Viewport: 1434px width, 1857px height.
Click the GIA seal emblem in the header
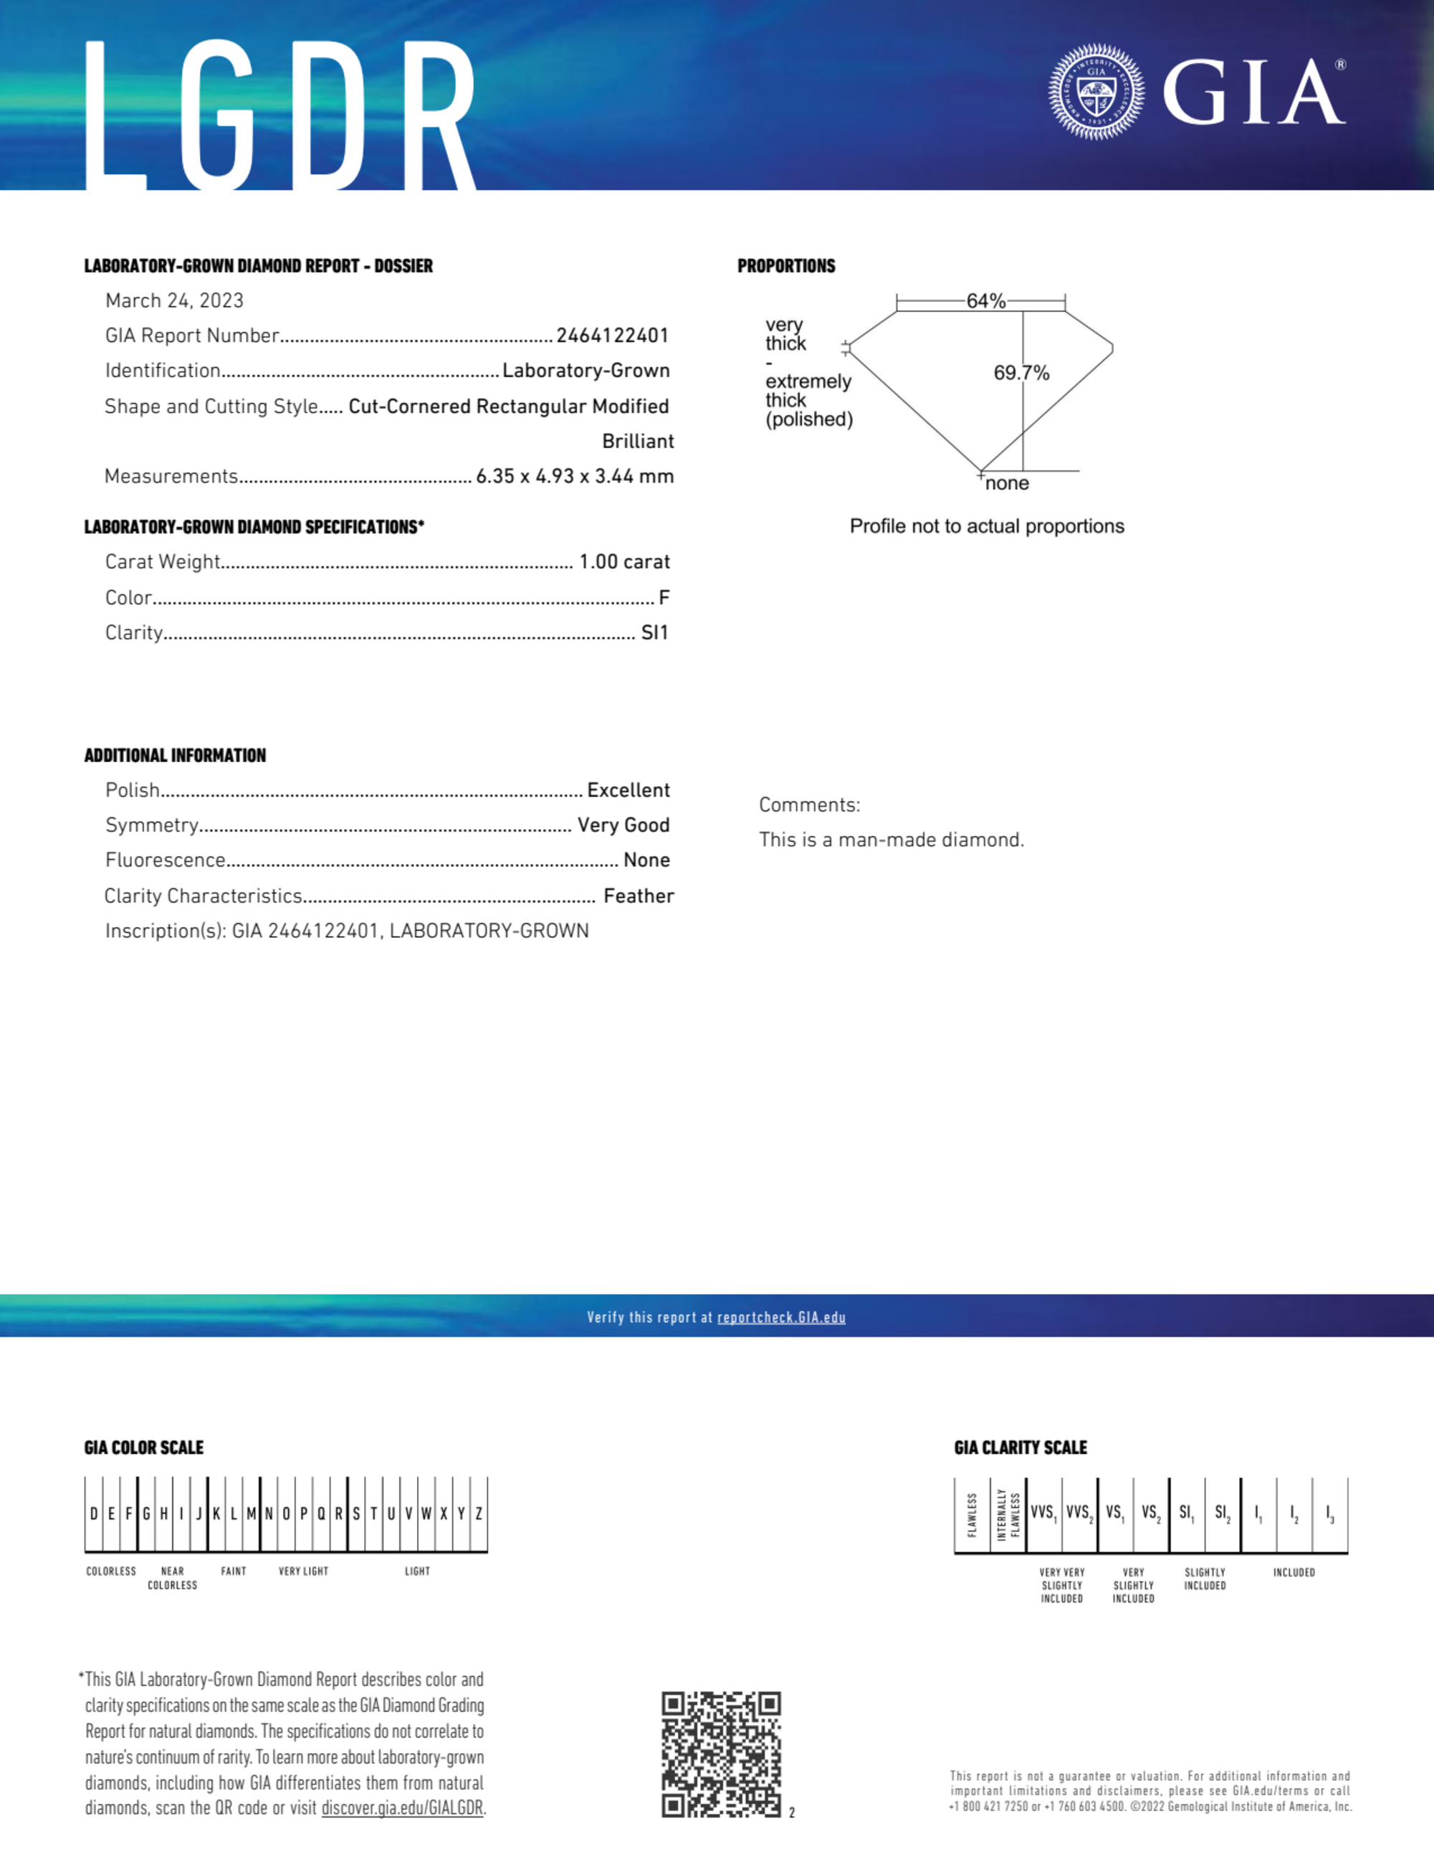1096,92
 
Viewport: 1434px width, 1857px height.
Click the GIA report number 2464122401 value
612,336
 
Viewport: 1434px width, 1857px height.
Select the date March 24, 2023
174,301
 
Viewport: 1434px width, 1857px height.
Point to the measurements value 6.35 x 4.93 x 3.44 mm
575,476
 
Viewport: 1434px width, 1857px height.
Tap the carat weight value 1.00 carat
624,562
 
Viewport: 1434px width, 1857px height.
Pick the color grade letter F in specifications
664,598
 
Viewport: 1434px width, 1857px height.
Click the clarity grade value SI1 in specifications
654,632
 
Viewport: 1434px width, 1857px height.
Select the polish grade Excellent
628,790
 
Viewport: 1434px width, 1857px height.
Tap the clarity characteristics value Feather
639,896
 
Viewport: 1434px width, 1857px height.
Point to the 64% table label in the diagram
986,301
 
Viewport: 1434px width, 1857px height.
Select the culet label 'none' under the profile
1008,484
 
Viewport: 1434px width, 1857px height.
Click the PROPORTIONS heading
786,266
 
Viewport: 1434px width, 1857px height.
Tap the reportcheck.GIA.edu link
781,1317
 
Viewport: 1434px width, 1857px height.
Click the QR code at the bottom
721,1754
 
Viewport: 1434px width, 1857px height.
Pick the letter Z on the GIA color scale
479,1514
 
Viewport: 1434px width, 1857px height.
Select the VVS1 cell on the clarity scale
1043,1513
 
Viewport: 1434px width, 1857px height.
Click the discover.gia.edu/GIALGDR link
402,1808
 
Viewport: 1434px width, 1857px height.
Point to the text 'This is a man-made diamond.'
892,840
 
